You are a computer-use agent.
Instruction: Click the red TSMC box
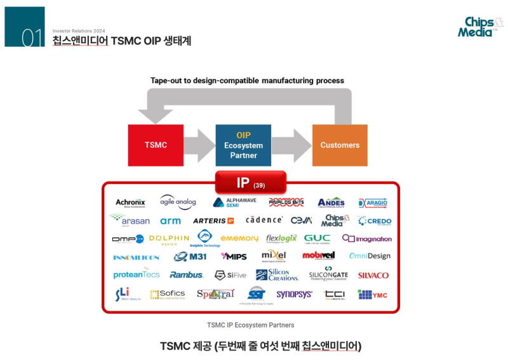click(x=156, y=145)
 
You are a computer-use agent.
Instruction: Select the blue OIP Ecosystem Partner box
click(x=243, y=145)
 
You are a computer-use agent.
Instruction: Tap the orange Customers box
click(x=340, y=145)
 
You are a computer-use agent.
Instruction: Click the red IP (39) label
click(x=250, y=183)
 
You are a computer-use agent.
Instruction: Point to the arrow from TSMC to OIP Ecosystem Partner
click(x=199, y=145)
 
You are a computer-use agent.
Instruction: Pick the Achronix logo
click(x=130, y=203)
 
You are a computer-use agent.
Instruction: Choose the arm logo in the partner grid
click(x=170, y=221)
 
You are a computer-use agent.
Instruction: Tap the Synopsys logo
click(x=294, y=295)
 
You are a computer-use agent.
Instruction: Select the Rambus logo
click(x=186, y=275)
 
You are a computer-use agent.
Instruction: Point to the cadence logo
click(x=264, y=220)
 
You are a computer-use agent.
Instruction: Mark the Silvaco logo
click(x=373, y=276)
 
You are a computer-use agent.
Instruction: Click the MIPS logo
click(x=234, y=257)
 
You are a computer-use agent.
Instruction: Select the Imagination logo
click(x=366, y=239)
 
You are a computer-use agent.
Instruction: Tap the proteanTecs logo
click(x=137, y=275)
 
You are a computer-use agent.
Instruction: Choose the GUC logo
click(x=317, y=239)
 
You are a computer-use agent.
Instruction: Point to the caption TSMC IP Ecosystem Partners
click(x=250, y=325)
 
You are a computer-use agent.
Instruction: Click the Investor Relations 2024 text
click(x=79, y=30)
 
